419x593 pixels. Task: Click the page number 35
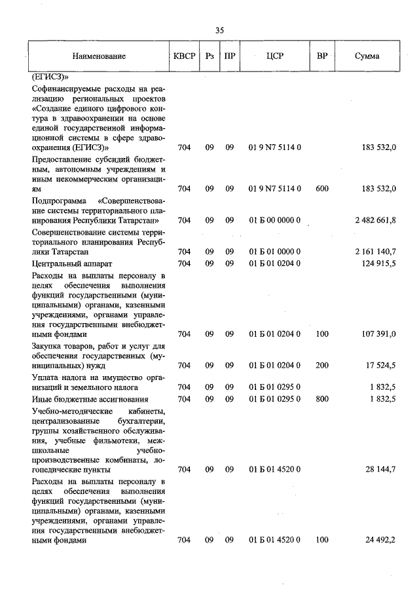pyautogui.click(x=219, y=30)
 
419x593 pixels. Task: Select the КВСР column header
pyautogui.click(x=184, y=56)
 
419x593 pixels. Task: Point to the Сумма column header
pyautogui.click(x=367, y=56)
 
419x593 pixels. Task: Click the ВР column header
pyautogui.click(x=322, y=56)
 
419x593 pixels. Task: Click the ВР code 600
pyautogui.click(x=322, y=189)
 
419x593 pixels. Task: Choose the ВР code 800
pyautogui.click(x=322, y=398)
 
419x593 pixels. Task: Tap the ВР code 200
pyautogui.click(x=322, y=365)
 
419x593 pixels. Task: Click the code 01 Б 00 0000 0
pyautogui.click(x=275, y=220)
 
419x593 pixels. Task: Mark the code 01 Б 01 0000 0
pyautogui.click(x=275, y=252)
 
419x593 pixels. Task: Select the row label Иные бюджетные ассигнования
pyautogui.click(x=90, y=398)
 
